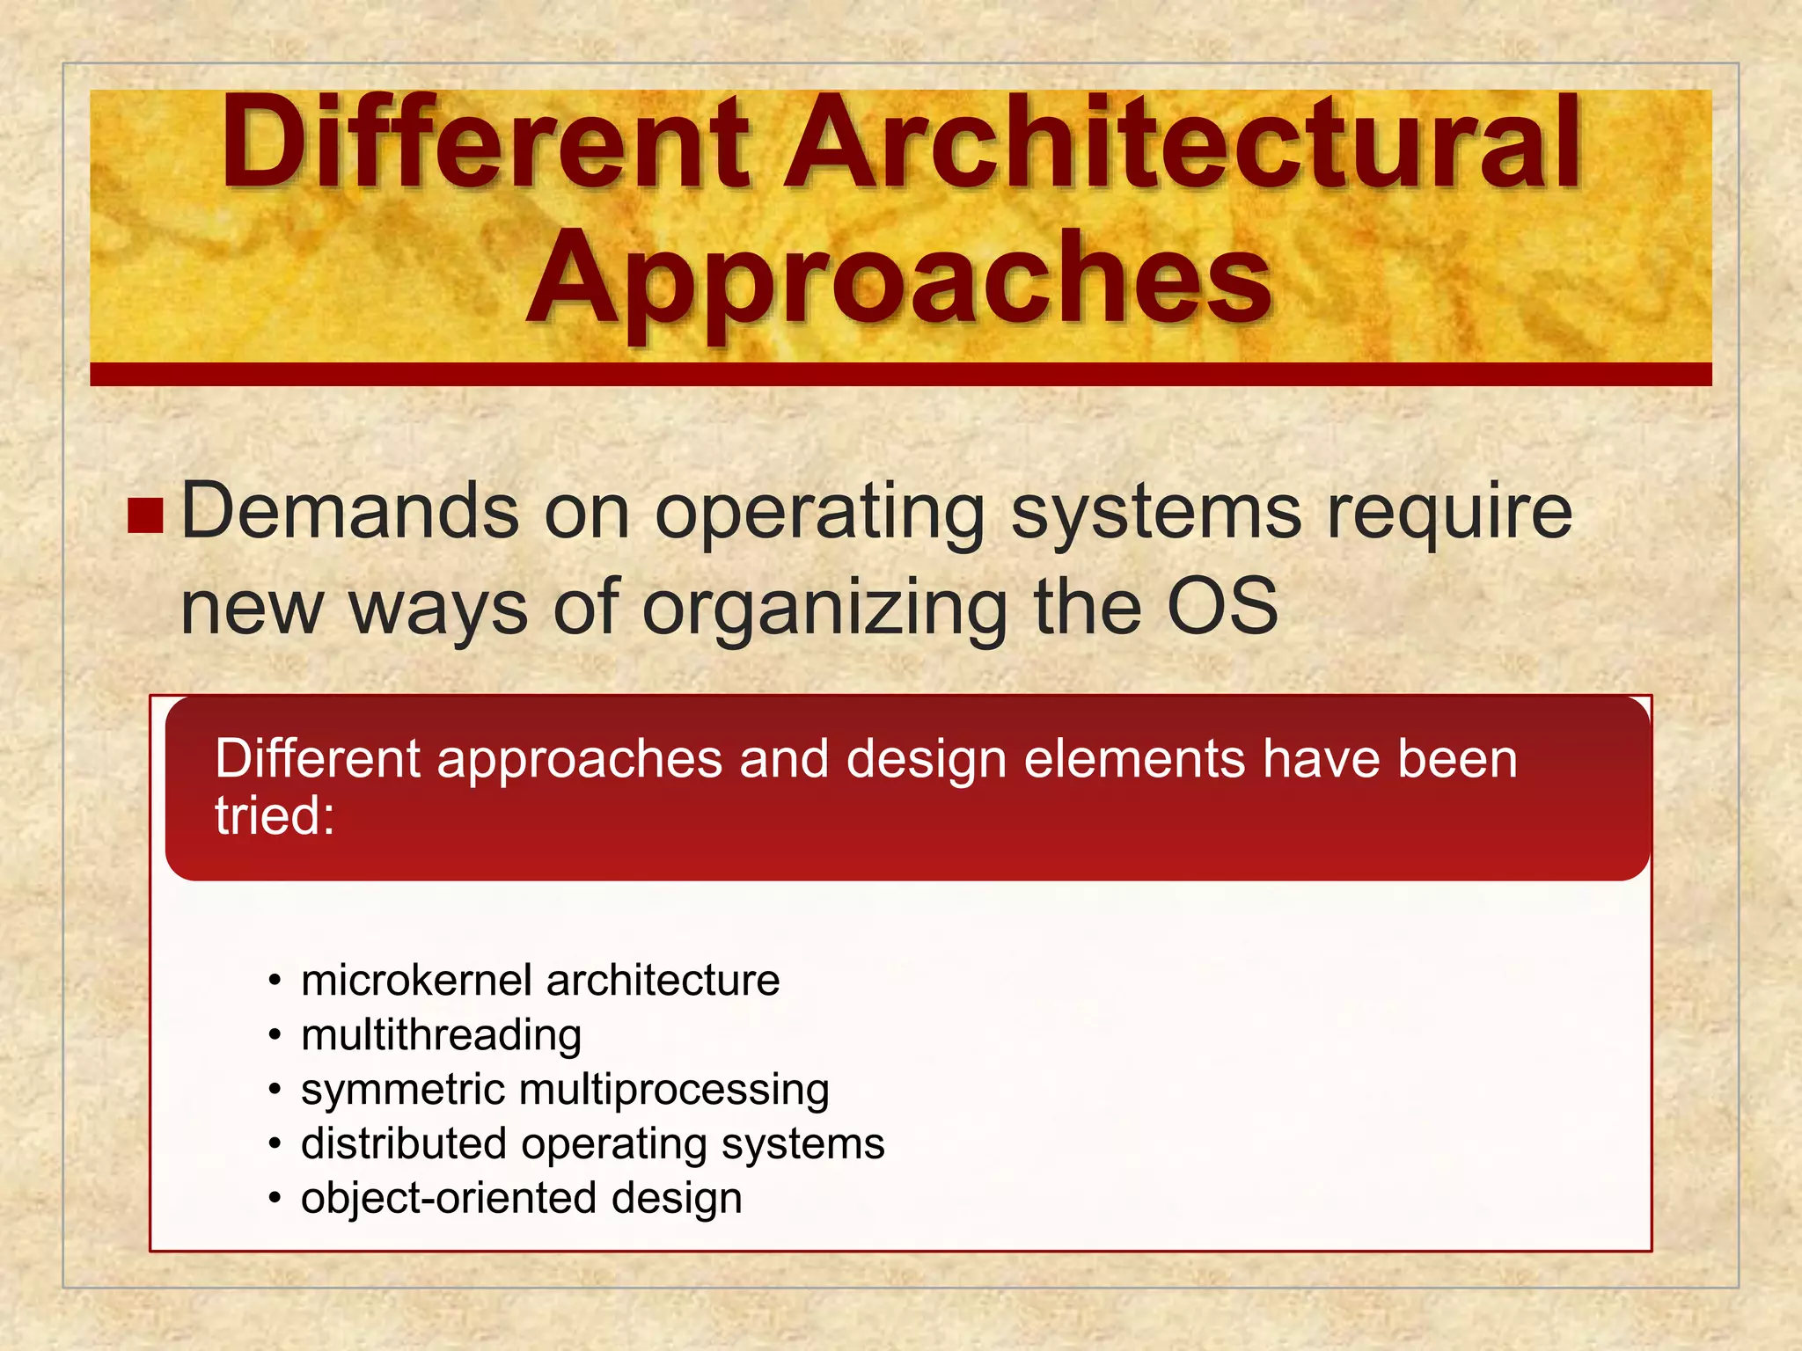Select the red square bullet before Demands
[145, 516]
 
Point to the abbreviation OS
[1221, 607]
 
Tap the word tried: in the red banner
[275, 815]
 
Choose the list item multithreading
[441, 1035]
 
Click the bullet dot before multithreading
[275, 1036]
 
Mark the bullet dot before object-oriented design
[275, 1199]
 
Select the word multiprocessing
[674, 1092]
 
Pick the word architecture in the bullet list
[663, 980]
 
